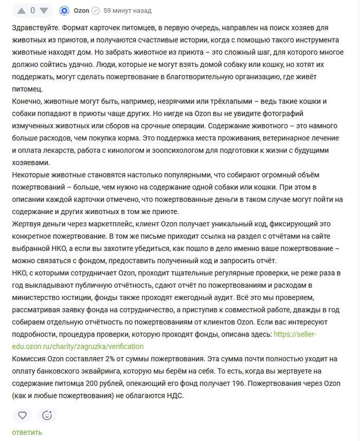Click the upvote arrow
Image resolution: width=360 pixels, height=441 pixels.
point(22,10)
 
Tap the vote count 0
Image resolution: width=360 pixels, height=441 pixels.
point(32,10)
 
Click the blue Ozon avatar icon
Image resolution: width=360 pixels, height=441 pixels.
point(64,10)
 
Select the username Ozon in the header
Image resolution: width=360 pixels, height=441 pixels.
point(81,10)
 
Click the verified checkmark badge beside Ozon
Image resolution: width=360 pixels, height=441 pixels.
point(95,10)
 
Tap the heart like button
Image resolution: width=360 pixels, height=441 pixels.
point(22,415)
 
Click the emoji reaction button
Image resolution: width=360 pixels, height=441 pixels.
point(47,415)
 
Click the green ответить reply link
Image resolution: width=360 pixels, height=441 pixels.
point(27,432)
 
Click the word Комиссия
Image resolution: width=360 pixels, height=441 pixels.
point(31,359)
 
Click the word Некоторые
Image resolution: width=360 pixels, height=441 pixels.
point(32,175)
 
